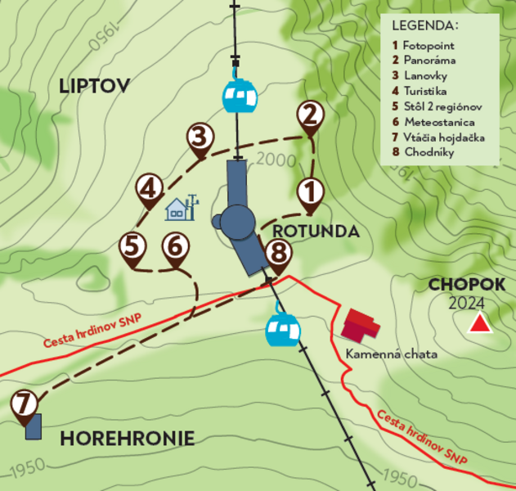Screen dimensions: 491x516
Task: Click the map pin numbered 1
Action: (x=309, y=192)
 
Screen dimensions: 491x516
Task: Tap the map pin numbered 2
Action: (x=309, y=115)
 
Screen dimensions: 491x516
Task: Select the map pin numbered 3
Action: (x=199, y=137)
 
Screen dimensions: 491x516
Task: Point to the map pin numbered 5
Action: (x=133, y=246)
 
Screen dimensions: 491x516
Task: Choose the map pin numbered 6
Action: (x=175, y=246)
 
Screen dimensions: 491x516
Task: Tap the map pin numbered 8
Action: (x=278, y=254)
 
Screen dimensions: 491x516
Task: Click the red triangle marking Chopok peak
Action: (x=479, y=325)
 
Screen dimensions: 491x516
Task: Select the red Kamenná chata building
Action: (x=361, y=326)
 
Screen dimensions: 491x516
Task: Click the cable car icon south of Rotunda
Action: (x=283, y=329)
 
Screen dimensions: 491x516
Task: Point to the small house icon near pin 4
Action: (x=177, y=210)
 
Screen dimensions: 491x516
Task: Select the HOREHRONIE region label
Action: (x=128, y=439)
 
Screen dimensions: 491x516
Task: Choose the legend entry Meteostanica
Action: (x=437, y=122)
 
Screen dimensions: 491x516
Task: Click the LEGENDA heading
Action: (x=424, y=25)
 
